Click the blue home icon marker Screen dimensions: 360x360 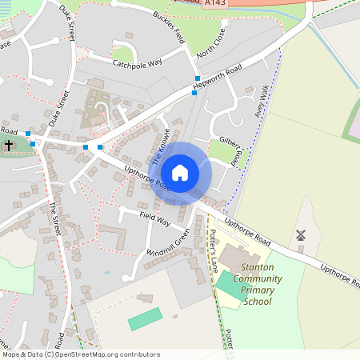click(x=180, y=173)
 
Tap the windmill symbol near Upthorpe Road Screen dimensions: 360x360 click(x=302, y=235)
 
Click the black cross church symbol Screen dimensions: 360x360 click(x=8, y=146)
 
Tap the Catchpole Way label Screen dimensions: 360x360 click(x=137, y=62)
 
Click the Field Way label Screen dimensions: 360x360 click(x=154, y=218)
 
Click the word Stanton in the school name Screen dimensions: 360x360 click(x=263, y=267)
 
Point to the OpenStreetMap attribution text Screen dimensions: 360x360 click(x=80, y=354)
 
